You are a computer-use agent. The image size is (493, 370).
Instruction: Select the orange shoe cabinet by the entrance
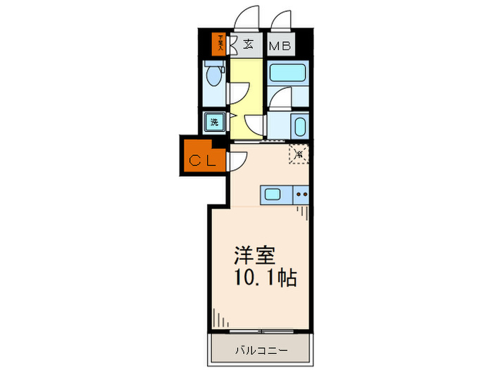click(x=220, y=44)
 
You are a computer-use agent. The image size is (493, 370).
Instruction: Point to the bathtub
click(x=287, y=73)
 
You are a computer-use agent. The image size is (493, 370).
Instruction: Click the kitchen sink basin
click(x=274, y=195)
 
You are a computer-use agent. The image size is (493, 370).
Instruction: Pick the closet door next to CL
click(x=235, y=161)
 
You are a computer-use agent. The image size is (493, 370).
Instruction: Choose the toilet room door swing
click(x=238, y=92)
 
